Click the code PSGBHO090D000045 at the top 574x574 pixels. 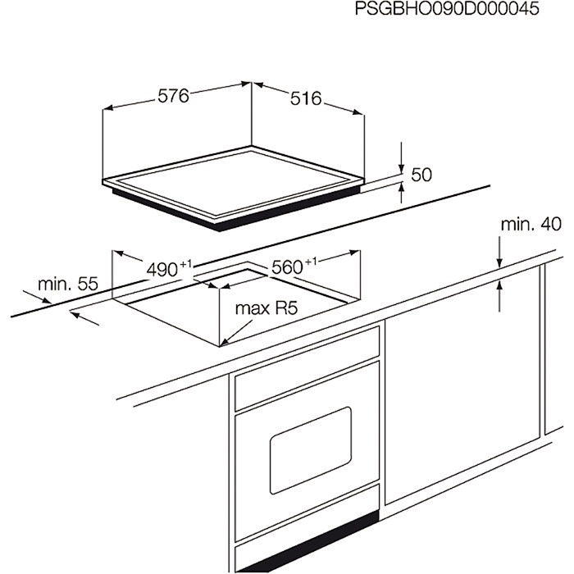447,9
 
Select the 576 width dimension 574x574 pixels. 173,96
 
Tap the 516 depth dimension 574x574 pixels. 306,98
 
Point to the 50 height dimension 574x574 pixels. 421,175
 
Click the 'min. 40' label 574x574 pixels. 531,224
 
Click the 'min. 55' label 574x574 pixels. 68,284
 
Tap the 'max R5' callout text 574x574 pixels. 266,308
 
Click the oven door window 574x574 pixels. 311,450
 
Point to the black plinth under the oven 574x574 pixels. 307,543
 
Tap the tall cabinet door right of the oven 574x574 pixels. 462,385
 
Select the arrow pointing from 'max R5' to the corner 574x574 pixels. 237,333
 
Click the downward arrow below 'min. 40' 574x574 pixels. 499,253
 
